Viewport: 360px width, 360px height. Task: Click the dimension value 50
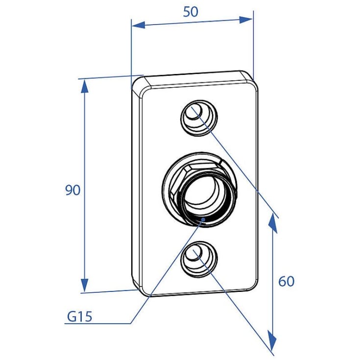tap(191, 12)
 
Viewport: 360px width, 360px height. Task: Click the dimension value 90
tap(73, 190)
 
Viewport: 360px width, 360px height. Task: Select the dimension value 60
tap(287, 281)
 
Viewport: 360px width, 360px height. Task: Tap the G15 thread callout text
tap(79, 316)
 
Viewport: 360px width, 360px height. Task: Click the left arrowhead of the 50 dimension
tap(139, 25)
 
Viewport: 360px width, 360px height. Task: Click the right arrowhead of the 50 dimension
tap(246, 20)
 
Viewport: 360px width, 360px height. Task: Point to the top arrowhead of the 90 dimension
tap(85, 86)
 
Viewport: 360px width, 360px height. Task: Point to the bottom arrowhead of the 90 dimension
tap(85, 285)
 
